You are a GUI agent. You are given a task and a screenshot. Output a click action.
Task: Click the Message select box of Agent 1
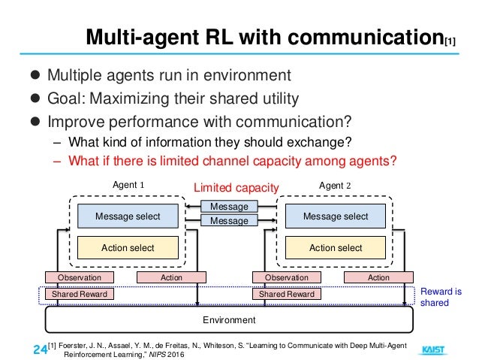click(x=128, y=216)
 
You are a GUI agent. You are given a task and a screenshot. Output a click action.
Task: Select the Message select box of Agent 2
click(x=335, y=216)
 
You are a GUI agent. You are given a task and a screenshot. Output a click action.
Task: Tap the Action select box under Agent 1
click(x=128, y=247)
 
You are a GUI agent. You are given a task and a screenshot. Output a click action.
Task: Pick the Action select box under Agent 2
click(x=335, y=247)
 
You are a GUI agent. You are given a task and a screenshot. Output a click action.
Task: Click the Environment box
click(x=230, y=320)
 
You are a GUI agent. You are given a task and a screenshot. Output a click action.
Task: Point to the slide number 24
click(x=40, y=349)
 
